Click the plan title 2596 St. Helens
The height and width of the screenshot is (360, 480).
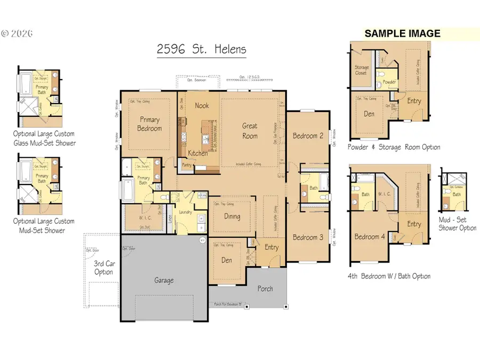(x=202, y=50)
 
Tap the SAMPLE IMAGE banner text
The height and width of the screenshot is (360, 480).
(x=402, y=34)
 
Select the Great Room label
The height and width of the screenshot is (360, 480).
(x=250, y=131)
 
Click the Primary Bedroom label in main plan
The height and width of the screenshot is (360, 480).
(x=150, y=124)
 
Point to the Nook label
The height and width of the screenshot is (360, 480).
(x=202, y=106)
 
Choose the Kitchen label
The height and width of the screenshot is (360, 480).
(x=197, y=153)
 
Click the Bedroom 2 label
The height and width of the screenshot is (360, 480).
(x=308, y=135)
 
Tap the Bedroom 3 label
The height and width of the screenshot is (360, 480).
(x=308, y=237)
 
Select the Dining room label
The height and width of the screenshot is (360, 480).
(x=232, y=217)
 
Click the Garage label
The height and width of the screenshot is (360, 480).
(x=164, y=280)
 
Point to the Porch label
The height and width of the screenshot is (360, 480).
(x=265, y=289)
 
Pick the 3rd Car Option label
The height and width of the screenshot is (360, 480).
(x=103, y=268)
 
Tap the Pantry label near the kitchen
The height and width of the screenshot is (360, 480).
(x=187, y=165)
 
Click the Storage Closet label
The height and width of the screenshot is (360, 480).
(x=361, y=70)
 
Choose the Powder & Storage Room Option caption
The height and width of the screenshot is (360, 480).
(x=394, y=147)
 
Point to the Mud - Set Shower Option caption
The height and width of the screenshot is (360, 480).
(x=457, y=224)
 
